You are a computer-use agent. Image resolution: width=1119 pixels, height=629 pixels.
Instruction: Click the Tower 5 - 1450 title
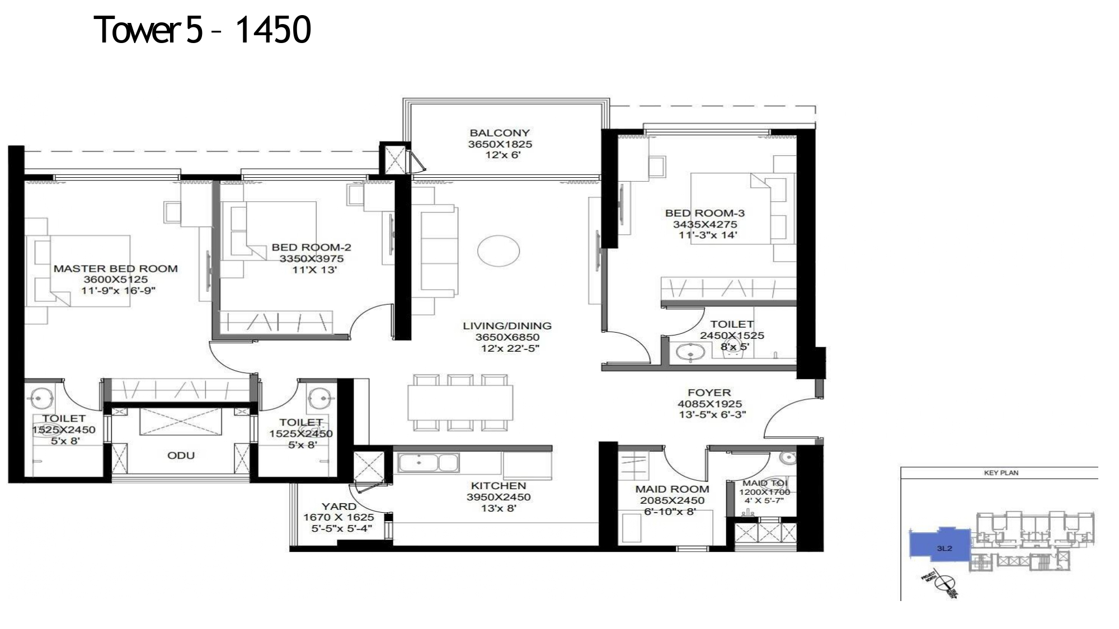[203, 30]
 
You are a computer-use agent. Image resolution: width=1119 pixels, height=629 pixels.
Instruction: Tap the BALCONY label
[499, 133]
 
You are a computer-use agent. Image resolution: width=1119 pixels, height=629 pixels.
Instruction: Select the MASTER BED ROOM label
[115, 269]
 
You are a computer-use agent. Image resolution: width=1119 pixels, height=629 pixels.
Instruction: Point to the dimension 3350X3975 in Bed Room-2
[311, 259]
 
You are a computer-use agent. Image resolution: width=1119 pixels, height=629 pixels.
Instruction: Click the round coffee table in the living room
[498, 250]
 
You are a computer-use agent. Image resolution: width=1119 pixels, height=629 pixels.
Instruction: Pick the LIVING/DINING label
[506, 326]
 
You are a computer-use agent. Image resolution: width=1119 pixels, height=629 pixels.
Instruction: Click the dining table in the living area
[460, 403]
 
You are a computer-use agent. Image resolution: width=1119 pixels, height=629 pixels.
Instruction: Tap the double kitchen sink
[428, 463]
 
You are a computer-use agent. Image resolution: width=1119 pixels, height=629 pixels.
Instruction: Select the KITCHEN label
[498, 486]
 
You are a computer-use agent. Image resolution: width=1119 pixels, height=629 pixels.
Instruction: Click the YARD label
[338, 507]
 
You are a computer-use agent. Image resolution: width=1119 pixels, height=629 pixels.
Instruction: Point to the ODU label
[181, 456]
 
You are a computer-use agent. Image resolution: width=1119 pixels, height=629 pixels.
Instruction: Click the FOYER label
[709, 393]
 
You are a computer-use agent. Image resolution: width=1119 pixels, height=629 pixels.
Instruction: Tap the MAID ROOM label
[672, 489]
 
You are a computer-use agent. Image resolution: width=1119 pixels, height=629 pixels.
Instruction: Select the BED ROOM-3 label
[704, 213]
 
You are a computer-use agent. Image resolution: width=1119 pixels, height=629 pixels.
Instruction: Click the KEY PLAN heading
[1000, 473]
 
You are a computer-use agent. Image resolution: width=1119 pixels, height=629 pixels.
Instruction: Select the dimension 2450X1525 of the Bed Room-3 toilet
[731, 335]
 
